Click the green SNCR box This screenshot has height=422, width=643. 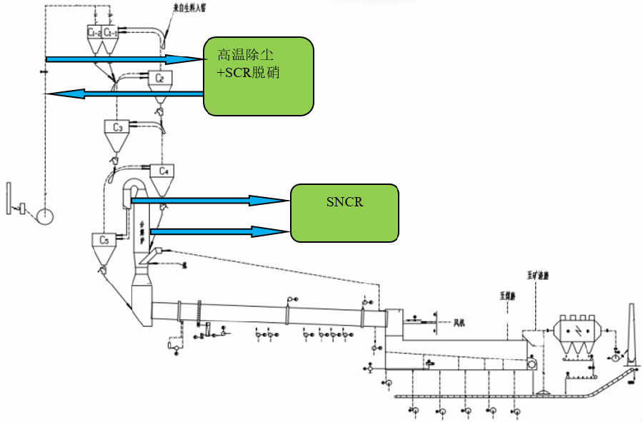click(344, 212)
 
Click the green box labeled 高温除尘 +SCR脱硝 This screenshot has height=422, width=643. click(259, 76)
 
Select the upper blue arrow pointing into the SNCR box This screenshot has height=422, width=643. click(211, 201)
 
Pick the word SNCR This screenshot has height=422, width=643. click(344, 202)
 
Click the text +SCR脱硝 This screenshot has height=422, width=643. click(247, 72)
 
